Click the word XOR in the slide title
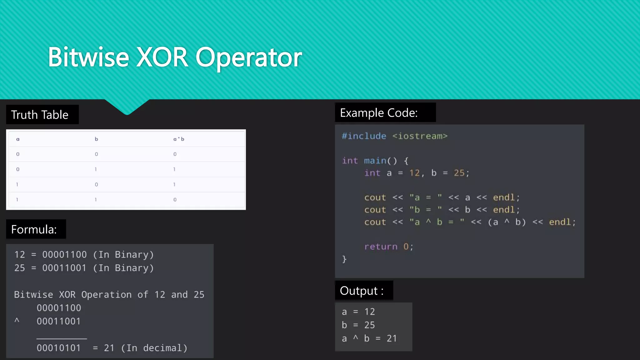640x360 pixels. pos(162,57)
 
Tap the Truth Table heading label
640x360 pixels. pos(40,115)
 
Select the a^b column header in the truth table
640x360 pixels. pos(179,139)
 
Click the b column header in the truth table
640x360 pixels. pos(96,139)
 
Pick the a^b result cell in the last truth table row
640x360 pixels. pos(175,200)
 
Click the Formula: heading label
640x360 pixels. pos(34,229)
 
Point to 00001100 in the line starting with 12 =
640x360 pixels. pos(64,255)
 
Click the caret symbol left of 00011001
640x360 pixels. pos(17,321)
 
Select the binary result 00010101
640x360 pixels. pos(59,348)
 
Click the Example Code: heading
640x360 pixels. pos(379,113)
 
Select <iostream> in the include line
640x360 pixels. pos(420,136)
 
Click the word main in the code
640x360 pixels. pos(375,161)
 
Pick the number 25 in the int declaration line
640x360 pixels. pos(459,173)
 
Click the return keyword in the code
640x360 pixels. pos(381,247)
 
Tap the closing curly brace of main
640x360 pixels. pos(344,259)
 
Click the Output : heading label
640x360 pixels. pos(362,291)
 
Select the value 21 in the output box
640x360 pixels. pos(392,338)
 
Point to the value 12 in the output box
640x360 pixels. pos(370,312)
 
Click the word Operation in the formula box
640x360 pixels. pos(106,295)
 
